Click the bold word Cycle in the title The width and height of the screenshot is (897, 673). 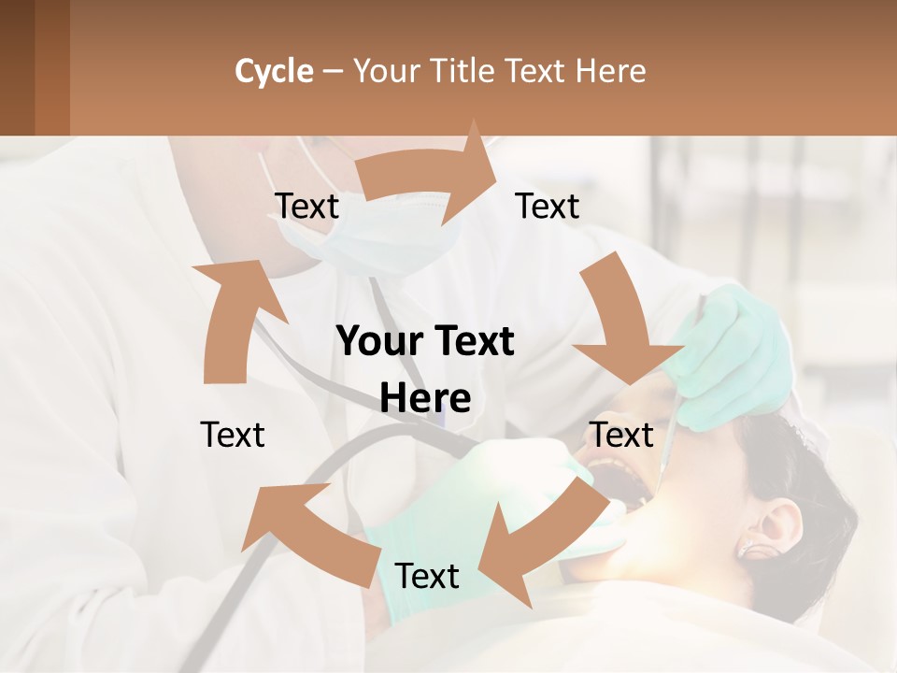[274, 71]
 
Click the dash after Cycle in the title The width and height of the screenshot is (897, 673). [333, 72]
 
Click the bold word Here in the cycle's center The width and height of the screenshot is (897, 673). [425, 399]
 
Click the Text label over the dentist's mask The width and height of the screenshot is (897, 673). [306, 207]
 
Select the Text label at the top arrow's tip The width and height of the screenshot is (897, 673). [548, 207]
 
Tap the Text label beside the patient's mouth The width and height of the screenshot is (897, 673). [620, 435]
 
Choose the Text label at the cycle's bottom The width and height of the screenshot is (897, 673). [427, 577]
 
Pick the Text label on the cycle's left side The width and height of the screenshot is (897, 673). [233, 435]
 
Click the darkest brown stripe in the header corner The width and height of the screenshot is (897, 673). [17, 67]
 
